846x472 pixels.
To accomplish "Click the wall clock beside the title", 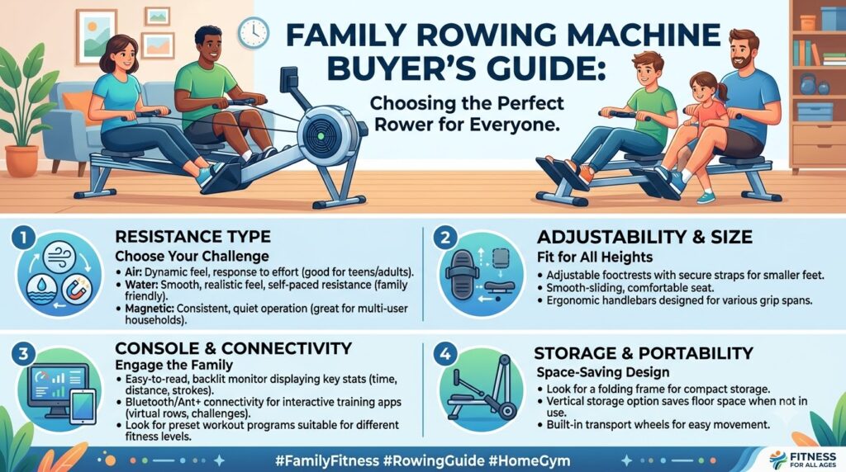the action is [253, 33].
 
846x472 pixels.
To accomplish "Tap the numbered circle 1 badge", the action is [23, 238].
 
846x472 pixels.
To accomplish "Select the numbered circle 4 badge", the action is [445, 354].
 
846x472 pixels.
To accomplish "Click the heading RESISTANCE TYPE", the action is [193, 237].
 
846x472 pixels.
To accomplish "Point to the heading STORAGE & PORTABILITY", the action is [644, 353].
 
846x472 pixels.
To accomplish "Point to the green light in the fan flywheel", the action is [321, 136].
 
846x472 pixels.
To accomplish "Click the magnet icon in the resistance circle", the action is [77, 290].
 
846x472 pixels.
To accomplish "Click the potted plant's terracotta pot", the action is [21, 161].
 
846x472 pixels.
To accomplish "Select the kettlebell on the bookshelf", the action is [808, 84].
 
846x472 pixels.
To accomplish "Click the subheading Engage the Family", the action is [173, 365].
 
